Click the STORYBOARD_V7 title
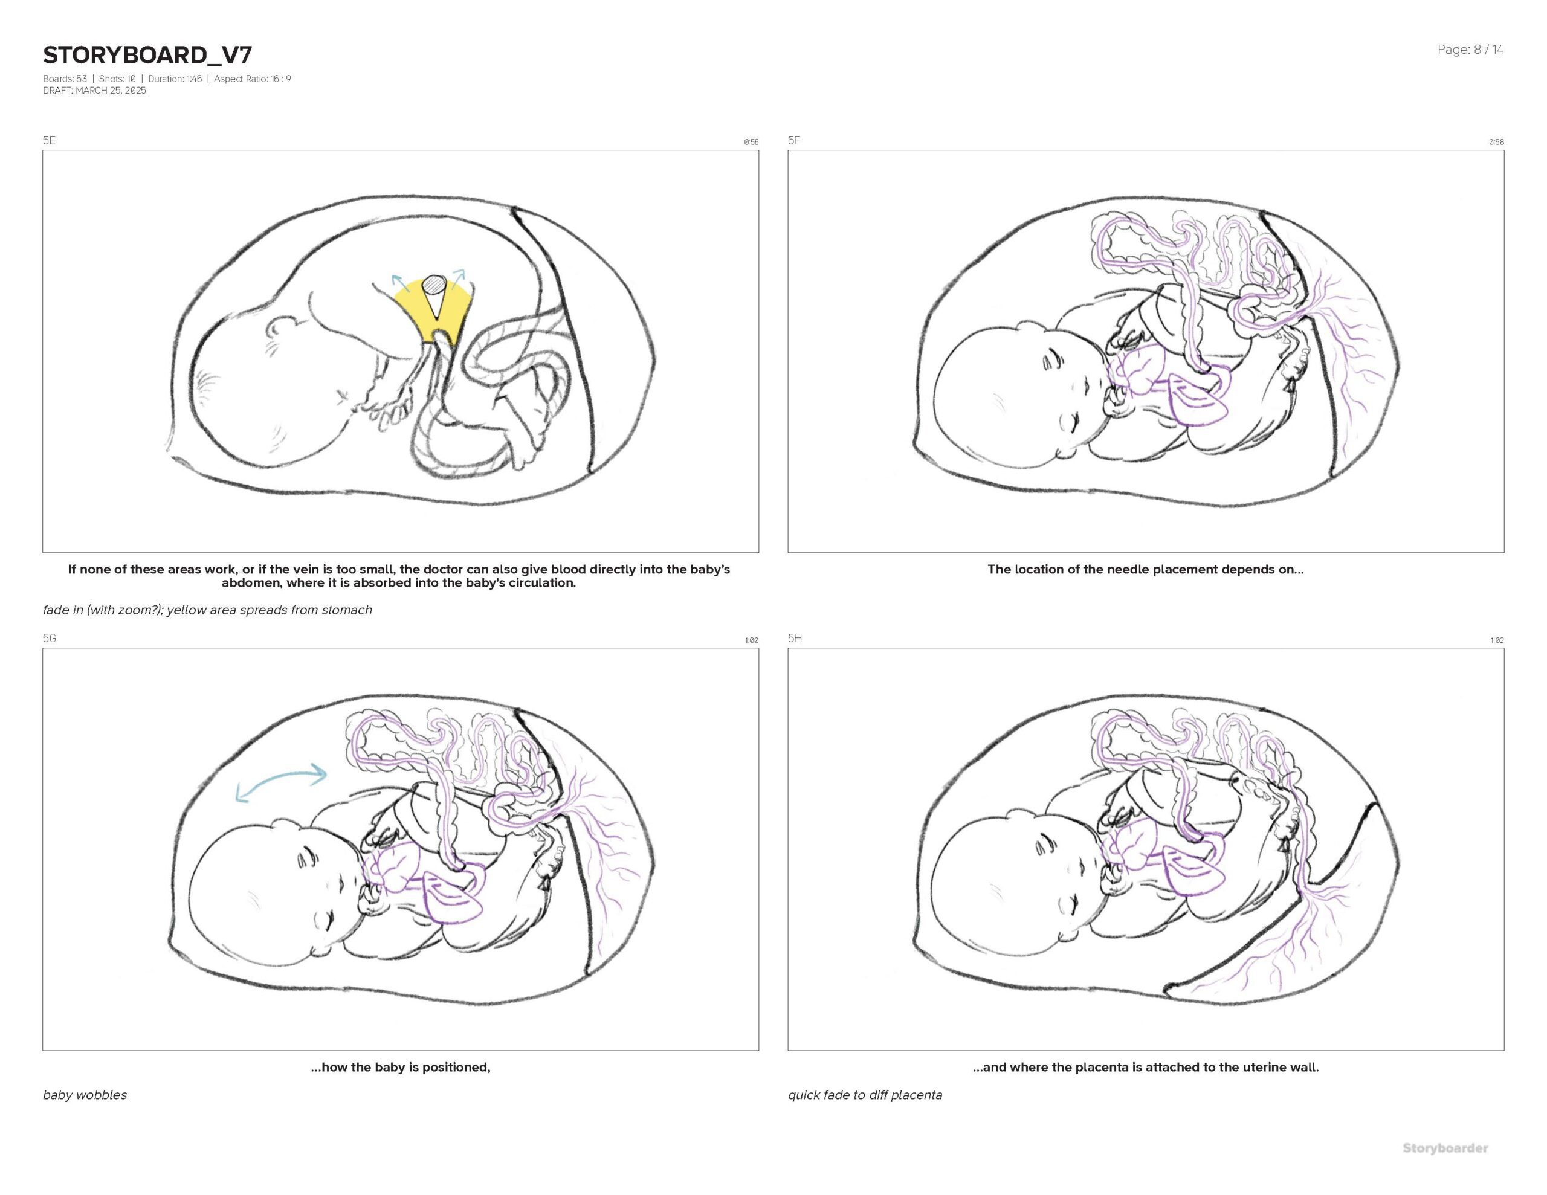pyautogui.click(x=147, y=54)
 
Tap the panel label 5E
pyautogui.click(x=49, y=140)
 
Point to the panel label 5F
pyautogui.click(x=794, y=140)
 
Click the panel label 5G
pyautogui.click(x=50, y=638)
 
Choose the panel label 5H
pyautogui.click(x=795, y=638)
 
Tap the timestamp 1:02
pyautogui.click(x=1497, y=640)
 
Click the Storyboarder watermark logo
pyautogui.click(x=1445, y=1148)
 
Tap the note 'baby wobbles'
pyautogui.click(x=85, y=1095)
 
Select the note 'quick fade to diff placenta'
pyautogui.click(x=865, y=1095)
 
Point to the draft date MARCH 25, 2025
pyautogui.click(x=111, y=91)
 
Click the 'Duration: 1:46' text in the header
pyautogui.click(x=175, y=79)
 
